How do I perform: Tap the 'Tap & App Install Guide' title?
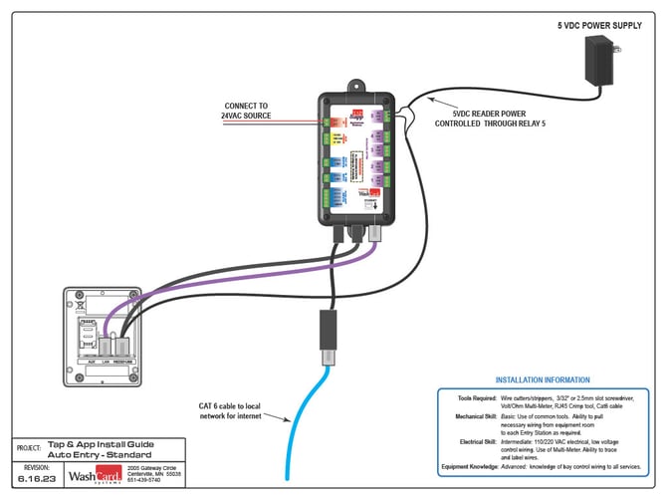coord(100,445)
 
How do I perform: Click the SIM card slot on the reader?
coord(88,323)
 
